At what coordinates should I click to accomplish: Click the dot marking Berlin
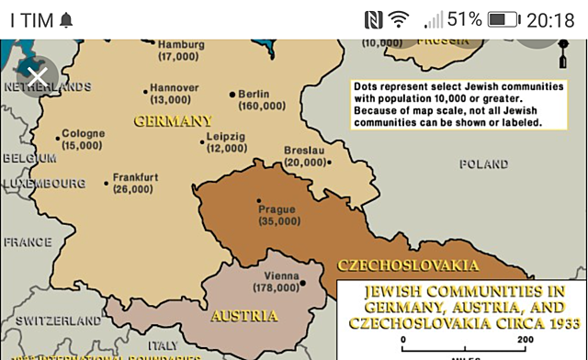point(232,93)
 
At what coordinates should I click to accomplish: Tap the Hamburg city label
point(180,44)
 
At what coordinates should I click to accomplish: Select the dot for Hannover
point(145,89)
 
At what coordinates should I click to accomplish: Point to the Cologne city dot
point(58,139)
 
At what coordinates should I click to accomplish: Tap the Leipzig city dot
point(202,141)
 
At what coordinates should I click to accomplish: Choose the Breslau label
point(304,150)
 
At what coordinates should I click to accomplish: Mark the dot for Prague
point(259,201)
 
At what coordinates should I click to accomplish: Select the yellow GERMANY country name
point(173,120)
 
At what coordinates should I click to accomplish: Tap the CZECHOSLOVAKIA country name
point(407,265)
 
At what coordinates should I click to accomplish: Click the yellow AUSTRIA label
point(244,316)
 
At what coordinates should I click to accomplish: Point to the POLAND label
point(483,164)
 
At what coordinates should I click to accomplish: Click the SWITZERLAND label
point(58,321)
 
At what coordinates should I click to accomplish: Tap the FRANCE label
point(28,242)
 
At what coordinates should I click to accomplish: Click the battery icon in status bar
point(503,19)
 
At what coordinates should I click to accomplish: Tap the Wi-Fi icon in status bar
point(399,19)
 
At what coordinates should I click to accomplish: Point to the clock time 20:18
point(551,19)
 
